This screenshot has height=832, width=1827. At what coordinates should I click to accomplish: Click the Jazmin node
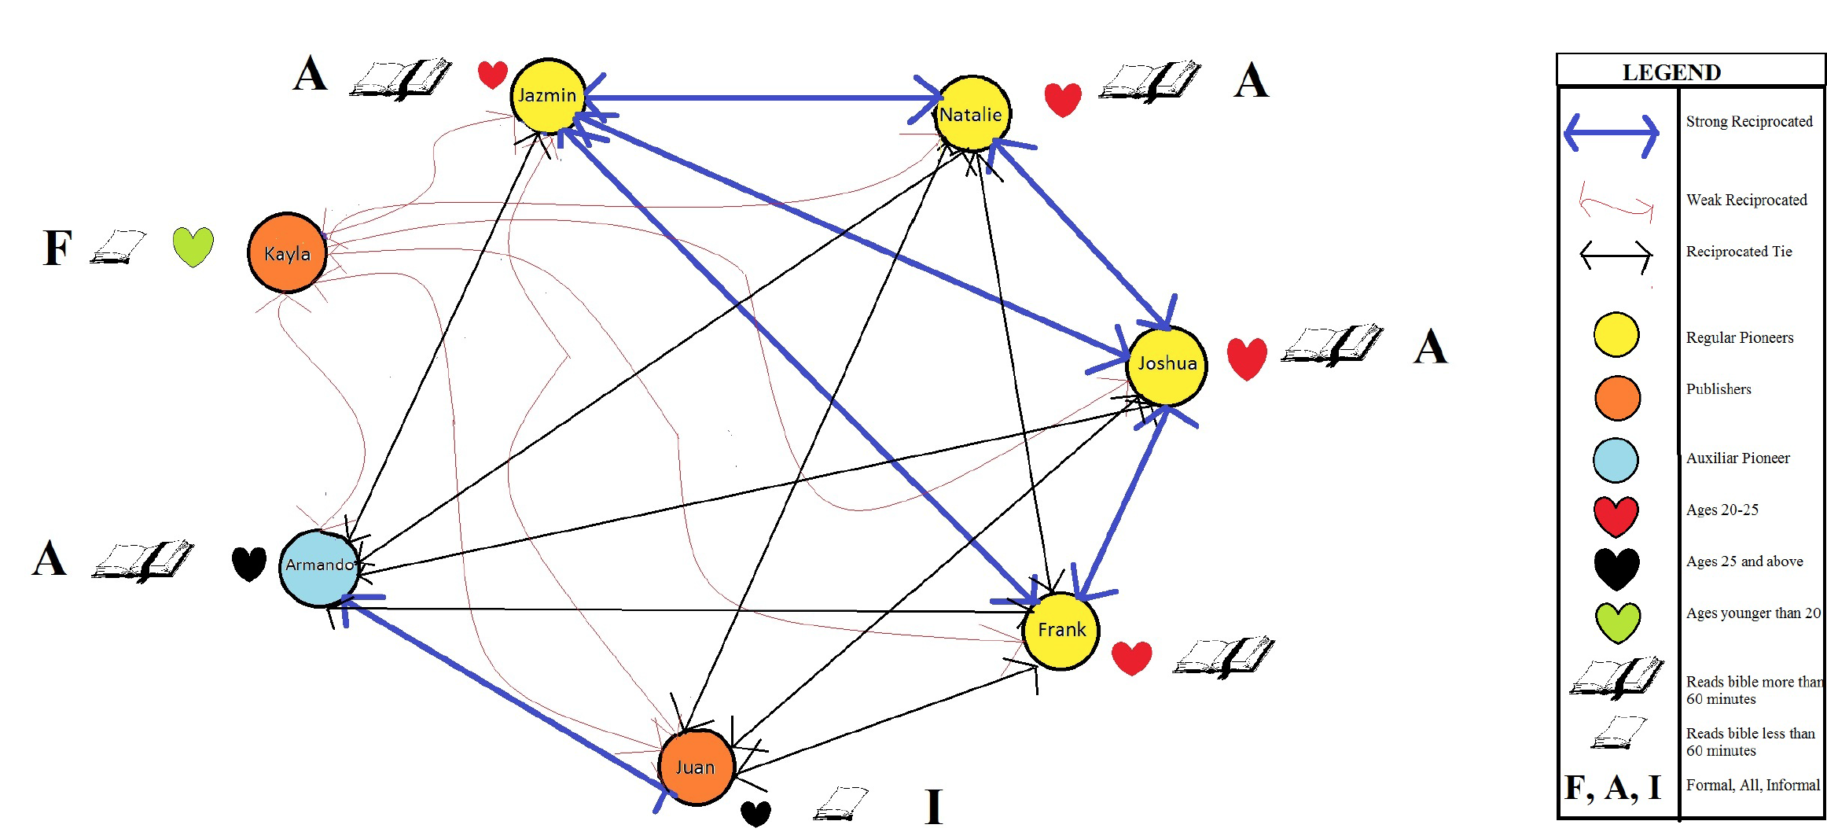(x=547, y=96)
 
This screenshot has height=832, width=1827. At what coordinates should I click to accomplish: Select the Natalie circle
(x=972, y=114)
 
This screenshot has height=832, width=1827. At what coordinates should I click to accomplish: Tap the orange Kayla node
(x=287, y=253)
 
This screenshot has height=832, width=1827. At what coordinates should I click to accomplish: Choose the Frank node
(x=1061, y=631)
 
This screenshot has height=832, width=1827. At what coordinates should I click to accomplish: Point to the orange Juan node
(x=696, y=767)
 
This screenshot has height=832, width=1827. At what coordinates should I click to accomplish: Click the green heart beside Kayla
(x=193, y=246)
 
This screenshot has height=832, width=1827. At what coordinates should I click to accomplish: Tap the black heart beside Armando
(x=249, y=564)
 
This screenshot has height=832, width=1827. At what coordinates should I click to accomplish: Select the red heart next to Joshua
(x=1247, y=359)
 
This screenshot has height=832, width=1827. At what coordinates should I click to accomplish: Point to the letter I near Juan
(x=933, y=806)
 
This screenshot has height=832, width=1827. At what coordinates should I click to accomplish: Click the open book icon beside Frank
(x=1223, y=657)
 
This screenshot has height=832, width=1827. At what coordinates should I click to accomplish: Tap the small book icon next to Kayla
(x=118, y=247)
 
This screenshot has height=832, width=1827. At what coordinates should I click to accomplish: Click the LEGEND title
(x=1671, y=72)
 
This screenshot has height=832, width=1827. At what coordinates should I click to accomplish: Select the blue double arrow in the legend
(x=1612, y=134)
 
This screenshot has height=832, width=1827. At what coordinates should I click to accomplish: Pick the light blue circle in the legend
(x=1616, y=460)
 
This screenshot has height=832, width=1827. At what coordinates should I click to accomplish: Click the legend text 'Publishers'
(x=1719, y=389)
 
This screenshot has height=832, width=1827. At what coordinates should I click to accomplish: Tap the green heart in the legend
(x=1617, y=622)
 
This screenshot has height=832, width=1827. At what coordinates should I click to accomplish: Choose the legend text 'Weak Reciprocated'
(x=1746, y=200)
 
